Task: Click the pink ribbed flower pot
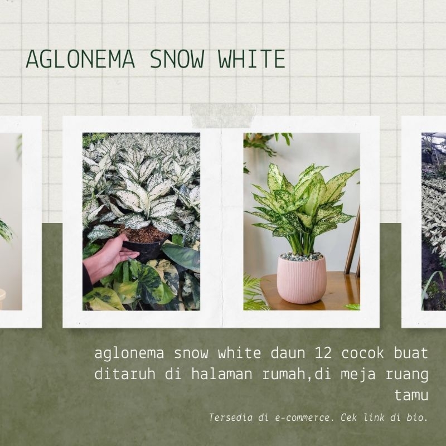click(302, 280)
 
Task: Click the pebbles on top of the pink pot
click(302, 256)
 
